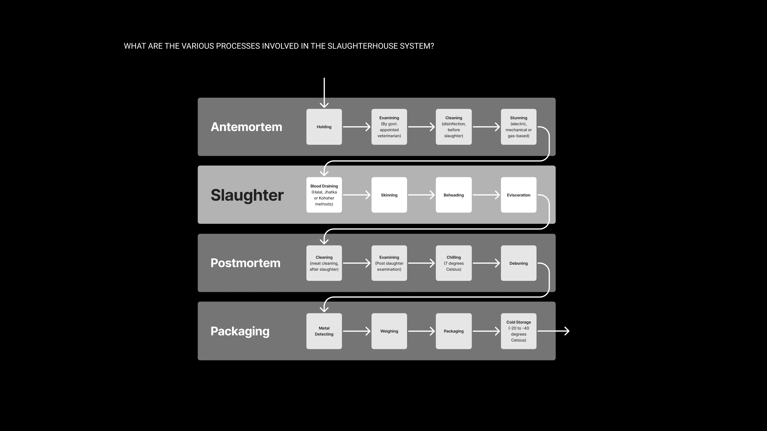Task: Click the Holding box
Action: (x=324, y=127)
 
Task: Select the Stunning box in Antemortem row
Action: (x=518, y=127)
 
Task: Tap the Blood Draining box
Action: (x=324, y=195)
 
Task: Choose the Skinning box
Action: (x=389, y=195)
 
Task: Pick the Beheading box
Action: (x=453, y=195)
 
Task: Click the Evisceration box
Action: (x=518, y=195)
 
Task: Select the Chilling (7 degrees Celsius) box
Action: (x=453, y=263)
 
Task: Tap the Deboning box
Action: (x=518, y=263)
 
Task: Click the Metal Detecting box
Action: (x=324, y=331)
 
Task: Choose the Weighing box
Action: (x=389, y=331)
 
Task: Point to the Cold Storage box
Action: (x=518, y=331)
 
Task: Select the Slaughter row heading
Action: (x=247, y=195)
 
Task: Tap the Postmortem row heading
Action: (x=245, y=263)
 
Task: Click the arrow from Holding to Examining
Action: (x=356, y=127)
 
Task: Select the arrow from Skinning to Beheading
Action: (x=421, y=195)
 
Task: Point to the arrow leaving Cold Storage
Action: (x=553, y=331)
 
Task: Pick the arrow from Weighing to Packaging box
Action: (x=421, y=331)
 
